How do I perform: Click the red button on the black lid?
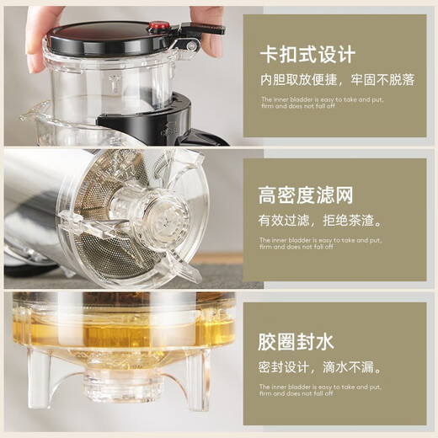coord(158,27)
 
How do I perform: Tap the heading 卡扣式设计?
coord(307,56)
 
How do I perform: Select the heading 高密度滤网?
coord(306,196)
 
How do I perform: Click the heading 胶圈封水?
coord(296,341)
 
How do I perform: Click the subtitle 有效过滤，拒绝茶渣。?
coord(320,221)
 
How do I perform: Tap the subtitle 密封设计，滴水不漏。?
coord(320,367)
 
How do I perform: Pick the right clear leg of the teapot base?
coord(198,392)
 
